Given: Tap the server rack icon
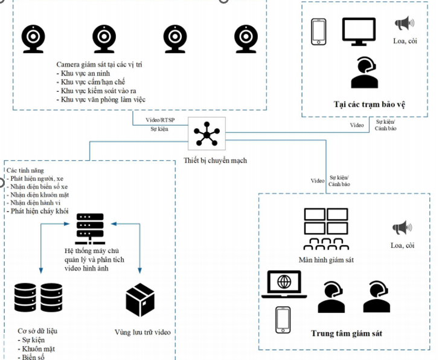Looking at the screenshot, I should click(90, 227).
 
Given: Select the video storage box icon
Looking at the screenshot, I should click(141, 300).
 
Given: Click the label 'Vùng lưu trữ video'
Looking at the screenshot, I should click(143, 332).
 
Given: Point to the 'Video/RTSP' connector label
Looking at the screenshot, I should click(160, 121).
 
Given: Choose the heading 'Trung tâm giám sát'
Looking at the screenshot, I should click(347, 333).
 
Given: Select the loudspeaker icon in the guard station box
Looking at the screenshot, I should click(404, 24).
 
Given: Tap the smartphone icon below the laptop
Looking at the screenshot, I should click(283, 319).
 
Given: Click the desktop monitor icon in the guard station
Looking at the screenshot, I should click(362, 31).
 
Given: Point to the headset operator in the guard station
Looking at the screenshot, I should click(365, 72).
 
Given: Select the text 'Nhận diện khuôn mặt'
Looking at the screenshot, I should click(38, 194).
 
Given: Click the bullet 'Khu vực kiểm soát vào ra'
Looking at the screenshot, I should click(97, 90).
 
